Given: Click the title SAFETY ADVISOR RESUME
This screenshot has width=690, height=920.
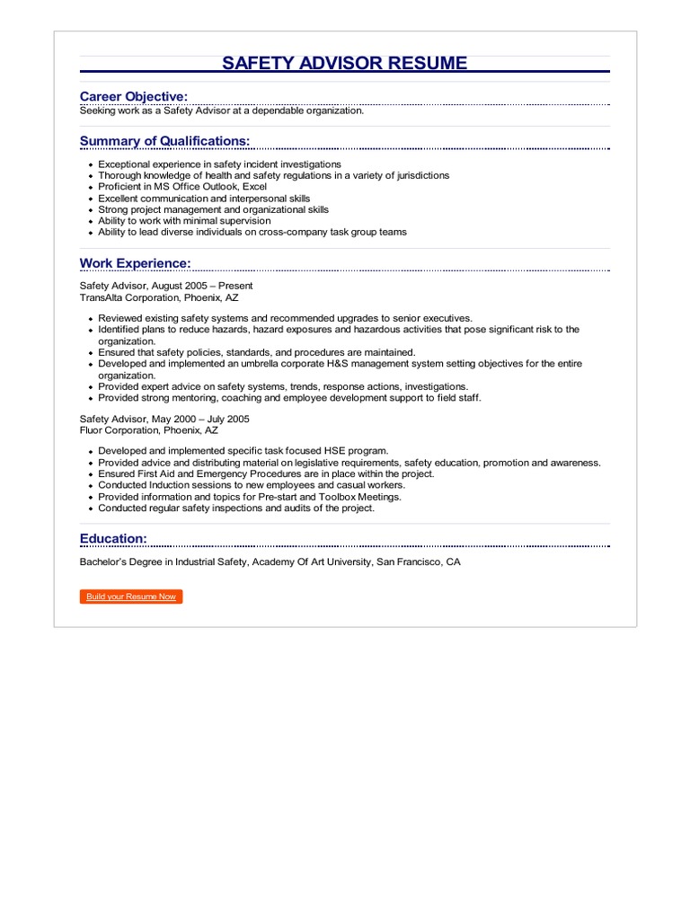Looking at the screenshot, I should (x=345, y=63).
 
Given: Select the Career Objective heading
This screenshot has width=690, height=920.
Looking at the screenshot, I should (x=134, y=96).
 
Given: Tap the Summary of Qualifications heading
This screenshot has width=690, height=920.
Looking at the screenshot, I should (x=164, y=141).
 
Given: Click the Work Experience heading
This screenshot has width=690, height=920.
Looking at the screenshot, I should (x=135, y=262).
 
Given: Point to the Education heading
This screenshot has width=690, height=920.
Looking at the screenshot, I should (x=113, y=538).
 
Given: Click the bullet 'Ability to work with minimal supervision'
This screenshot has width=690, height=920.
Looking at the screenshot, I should (x=184, y=220).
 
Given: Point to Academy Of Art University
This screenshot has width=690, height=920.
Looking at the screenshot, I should (x=310, y=562).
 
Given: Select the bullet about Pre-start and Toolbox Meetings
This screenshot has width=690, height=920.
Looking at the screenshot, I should (x=250, y=497).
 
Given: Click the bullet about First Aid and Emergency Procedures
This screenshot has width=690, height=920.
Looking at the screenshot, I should (x=266, y=473).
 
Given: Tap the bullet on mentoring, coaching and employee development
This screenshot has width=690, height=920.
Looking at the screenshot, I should (x=289, y=398).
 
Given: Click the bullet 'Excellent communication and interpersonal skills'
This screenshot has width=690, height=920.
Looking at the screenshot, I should (x=204, y=198).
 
